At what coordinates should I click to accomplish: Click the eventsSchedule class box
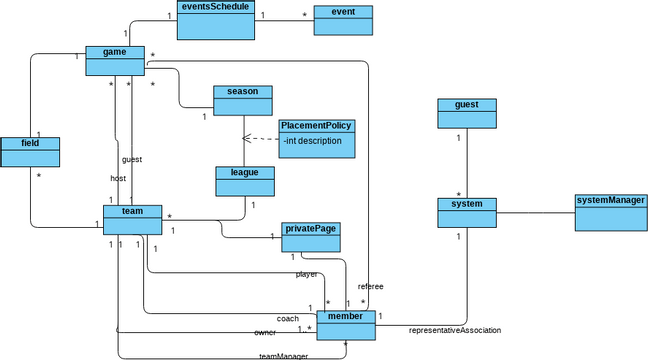click(216, 20)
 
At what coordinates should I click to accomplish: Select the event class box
click(343, 20)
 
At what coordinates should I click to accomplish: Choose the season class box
click(242, 99)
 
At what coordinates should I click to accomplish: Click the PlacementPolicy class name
click(316, 126)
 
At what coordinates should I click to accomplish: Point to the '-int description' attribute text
click(313, 141)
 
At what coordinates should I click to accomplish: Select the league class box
click(245, 180)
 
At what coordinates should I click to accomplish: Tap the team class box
click(132, 220)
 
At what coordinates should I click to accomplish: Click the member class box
click(345, 324)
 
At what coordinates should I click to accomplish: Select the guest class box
click(466, 112)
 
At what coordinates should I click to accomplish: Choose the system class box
click(467, 212)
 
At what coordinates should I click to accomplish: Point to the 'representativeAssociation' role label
click(455, 330)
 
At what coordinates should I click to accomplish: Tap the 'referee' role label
click(370, 286)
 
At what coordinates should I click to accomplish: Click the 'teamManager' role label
click(283, 355)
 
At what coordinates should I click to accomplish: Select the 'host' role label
click(118, 178)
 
